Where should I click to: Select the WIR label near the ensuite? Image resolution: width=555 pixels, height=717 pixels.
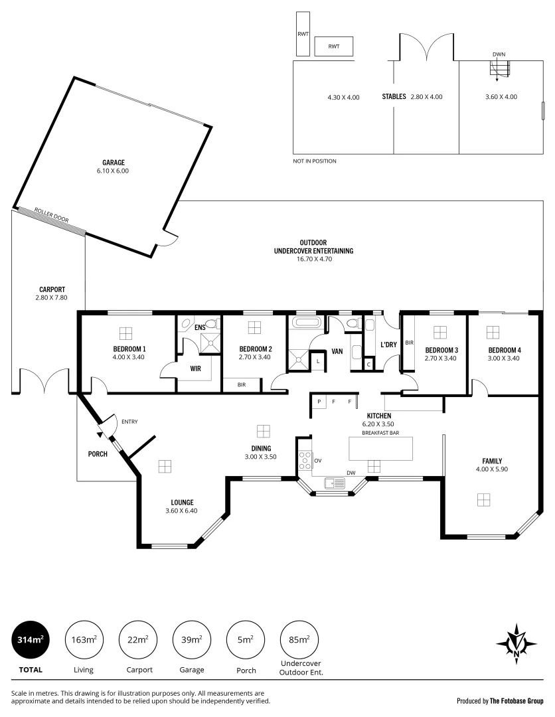tap(195, 367)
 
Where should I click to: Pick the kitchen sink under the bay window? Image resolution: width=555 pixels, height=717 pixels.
tap(334, 483)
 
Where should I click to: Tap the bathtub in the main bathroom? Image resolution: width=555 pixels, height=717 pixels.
tap(307, 324)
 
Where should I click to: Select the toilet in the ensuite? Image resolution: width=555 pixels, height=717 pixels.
tap(211, 323)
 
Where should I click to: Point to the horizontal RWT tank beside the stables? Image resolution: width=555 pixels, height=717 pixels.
tap(333, 46)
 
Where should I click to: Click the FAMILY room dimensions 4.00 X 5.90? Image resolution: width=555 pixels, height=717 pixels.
tap(491, 470)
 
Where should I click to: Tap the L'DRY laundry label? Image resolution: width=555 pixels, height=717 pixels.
tap(388, 345)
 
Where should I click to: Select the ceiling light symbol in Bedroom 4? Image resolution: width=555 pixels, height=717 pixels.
tap(493, 331)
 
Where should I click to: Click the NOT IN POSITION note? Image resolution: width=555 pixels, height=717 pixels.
tap(315, 161)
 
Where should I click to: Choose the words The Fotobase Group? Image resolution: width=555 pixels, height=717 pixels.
tap(516, 700)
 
